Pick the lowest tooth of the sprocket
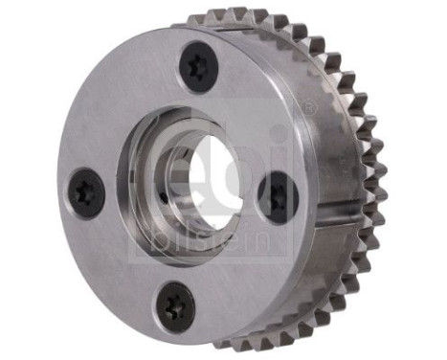(251, 341)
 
